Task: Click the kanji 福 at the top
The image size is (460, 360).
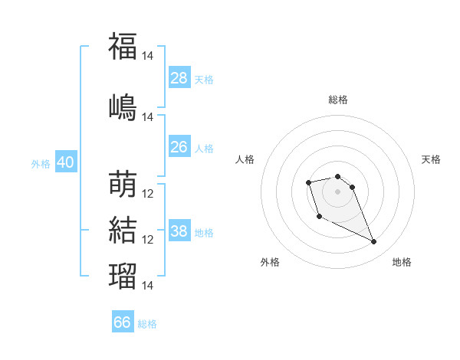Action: [x=123, y=46]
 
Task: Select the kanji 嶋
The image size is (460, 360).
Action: [x=123, y=107]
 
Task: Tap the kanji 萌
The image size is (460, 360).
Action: [x=123, y=184]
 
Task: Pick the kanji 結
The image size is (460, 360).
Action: [x=123, y=230]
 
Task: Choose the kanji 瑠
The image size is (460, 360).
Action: [x=123, y=276]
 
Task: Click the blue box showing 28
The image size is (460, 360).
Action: [x=179, y=77]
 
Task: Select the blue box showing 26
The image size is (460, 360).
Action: [x=179, y=146]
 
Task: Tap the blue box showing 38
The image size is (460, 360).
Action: [x=179, y=230]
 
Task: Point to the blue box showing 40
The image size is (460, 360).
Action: [x=66, y=162]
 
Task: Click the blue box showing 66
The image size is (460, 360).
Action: [x=123, y=321]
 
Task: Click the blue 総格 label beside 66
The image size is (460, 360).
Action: [x=147, y=324]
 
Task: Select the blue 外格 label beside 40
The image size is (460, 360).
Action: [x=41, y=164]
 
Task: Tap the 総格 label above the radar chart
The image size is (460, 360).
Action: [x=338, y=100]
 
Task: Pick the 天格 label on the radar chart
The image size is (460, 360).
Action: [x=431, y=159]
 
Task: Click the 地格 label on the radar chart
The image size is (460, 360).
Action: [x=402, y=262]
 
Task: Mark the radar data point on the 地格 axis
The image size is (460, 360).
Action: [x=374, y=242]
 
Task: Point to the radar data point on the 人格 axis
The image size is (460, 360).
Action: [x=308, y=182]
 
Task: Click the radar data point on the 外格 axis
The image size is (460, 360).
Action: [x=320, y=217]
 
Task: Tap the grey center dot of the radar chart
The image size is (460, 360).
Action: [x=337, y=191]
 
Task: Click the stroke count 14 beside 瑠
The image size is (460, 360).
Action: [x=147, y=285]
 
